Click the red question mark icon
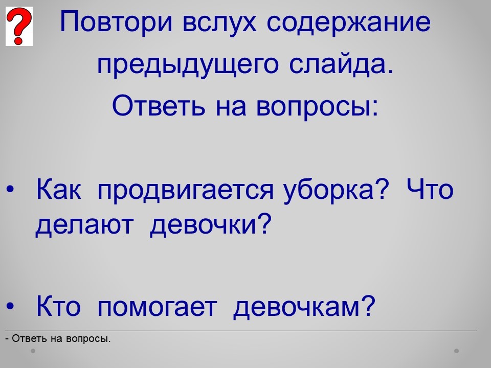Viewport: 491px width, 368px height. (19, 26)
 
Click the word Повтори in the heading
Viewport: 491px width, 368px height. (116, 22)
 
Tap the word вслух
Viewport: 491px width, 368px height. (219, 22)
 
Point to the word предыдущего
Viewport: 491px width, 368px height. (188, 64)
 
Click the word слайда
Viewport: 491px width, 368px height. (341, 64)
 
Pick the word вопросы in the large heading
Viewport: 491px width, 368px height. (317, 106)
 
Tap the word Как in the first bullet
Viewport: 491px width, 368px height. (58, 189)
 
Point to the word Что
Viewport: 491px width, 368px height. (430, 189)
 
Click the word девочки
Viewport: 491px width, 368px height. (210, 225)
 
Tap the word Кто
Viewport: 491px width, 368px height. (58, 306)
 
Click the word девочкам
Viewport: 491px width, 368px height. (304, 306)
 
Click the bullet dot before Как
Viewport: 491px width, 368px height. (10, 190)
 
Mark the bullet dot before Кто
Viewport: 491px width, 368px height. (10, 306)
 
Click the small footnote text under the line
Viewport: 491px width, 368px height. (58, 338)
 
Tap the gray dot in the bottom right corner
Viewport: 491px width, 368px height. (457, 351)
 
